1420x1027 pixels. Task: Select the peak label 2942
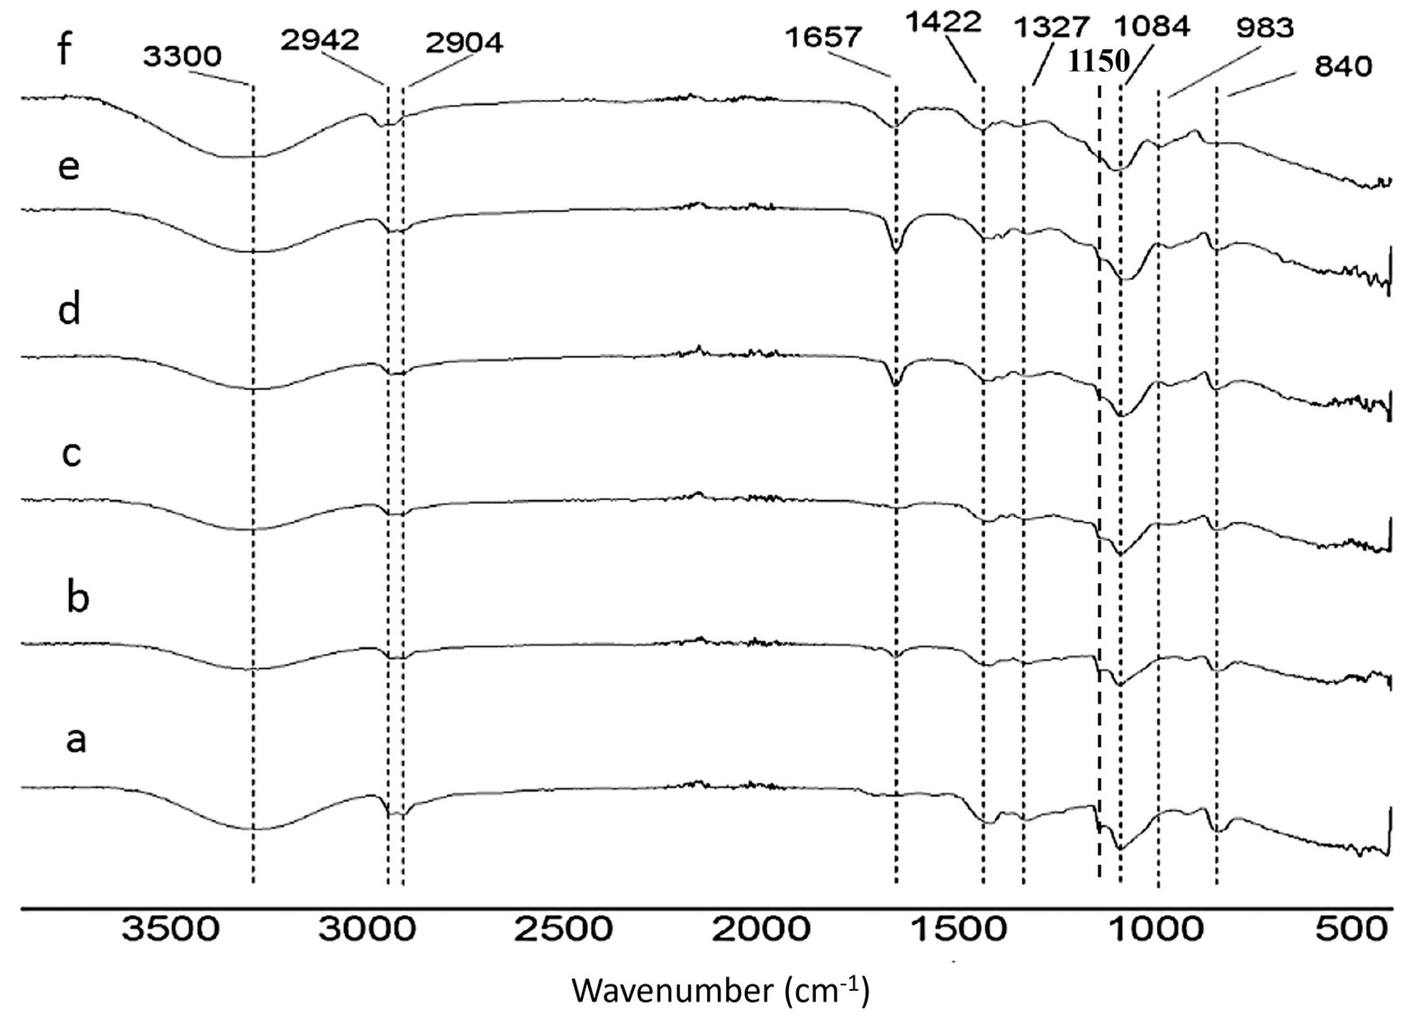320,40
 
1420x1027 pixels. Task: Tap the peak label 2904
464,44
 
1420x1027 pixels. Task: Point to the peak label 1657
823,38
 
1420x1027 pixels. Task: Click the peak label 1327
1052,27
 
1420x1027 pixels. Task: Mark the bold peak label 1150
1099,61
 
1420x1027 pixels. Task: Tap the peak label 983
1262,28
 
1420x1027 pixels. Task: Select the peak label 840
1343,66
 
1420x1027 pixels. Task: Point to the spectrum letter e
69,168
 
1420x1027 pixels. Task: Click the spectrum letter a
77,740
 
